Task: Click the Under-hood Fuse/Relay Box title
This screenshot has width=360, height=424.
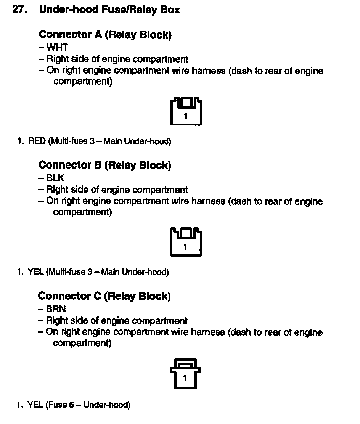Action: point(109,10)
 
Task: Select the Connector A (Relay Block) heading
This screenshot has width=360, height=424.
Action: point(105,35)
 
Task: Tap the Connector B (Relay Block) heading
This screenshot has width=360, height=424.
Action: point(105,165)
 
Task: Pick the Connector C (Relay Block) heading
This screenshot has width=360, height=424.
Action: point(104,296)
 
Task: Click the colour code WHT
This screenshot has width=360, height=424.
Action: point(57,47)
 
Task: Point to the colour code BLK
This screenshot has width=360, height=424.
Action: point(55,178)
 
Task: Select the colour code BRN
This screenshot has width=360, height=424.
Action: point(56,309)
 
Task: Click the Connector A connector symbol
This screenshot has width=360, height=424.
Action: point(186,111)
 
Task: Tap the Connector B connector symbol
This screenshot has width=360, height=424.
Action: point(185,242)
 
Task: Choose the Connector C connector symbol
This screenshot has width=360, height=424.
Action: point(185,373)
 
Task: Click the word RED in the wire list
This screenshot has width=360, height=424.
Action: point(37,141)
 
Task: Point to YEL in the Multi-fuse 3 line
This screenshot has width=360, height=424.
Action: point(36,272)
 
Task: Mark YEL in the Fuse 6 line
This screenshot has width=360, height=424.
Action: point(35,405)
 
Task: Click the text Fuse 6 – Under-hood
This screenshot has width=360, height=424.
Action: point(88,405)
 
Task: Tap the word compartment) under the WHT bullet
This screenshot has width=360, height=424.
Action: point(83,82)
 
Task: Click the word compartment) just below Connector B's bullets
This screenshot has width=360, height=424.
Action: point(82,212)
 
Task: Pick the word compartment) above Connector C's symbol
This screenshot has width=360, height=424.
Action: point(82,343)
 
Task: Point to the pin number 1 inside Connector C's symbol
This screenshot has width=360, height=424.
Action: point(185,379)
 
